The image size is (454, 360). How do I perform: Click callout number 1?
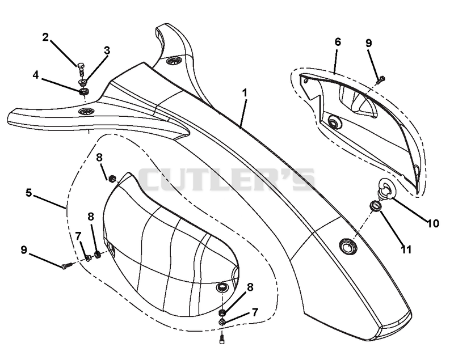coord(245,93)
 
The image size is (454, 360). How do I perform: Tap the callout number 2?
coord(45,37)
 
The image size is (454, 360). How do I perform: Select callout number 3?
coord(107,50)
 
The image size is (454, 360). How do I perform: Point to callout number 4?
coord(35,75)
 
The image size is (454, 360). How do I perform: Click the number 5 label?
coord(29,193)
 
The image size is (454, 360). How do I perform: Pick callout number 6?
coord(338,42)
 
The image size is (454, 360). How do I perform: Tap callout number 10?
coord(433,223)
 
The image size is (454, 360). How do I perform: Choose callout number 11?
coord(406,249)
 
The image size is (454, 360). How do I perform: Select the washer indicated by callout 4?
coord(85,92)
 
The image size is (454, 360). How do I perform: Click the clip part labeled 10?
coord(387,189)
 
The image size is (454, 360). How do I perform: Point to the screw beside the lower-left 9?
coord(66,265)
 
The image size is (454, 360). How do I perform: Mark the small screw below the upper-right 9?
coord(381,79)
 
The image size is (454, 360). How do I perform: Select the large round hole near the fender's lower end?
coord(348,247)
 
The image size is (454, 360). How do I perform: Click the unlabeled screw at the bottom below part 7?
coord(222,338)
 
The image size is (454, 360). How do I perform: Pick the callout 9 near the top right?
coord(368,43)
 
